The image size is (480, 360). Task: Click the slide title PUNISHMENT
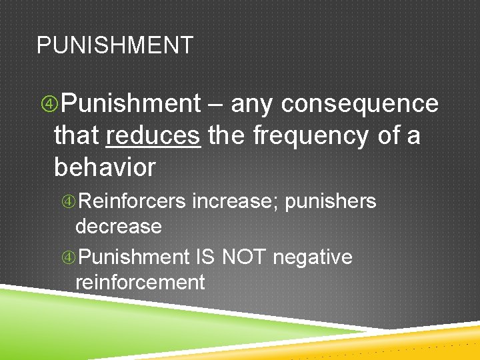[115, 45]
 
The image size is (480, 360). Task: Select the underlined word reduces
[153, 136]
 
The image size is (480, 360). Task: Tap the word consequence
[360, 104]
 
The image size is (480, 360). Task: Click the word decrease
[119, 227]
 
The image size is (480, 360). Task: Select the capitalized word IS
[205, 257]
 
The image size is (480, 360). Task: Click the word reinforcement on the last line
[140, 282]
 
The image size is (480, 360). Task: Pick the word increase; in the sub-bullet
[235, 201]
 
